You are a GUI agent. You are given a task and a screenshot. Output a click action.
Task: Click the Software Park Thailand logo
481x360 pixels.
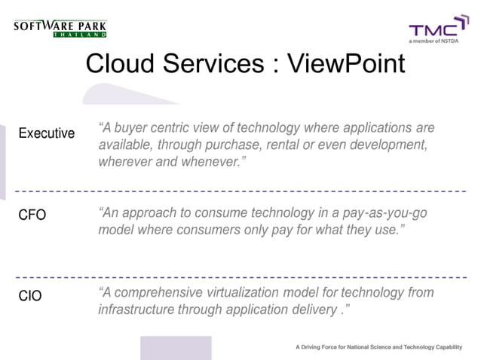(60, 29)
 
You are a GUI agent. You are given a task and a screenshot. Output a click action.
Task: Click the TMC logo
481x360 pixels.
(434, 29)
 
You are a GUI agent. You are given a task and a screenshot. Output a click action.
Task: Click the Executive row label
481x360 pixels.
(46, 133)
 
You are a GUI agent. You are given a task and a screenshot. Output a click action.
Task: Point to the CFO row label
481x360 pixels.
(32, 215)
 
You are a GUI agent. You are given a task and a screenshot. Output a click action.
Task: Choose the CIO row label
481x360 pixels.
(30, 296)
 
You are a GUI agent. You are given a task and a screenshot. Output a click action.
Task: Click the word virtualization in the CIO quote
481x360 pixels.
(252, 292)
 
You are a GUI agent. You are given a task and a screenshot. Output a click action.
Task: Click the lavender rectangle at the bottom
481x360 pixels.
(175, 348)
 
